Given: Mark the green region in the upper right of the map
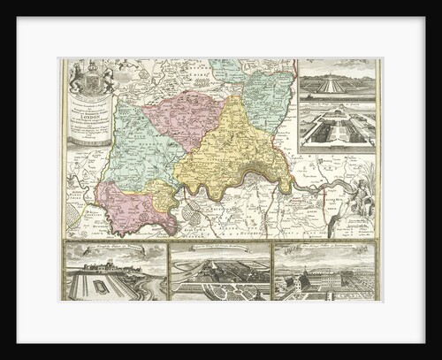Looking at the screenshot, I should pos(270,97).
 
